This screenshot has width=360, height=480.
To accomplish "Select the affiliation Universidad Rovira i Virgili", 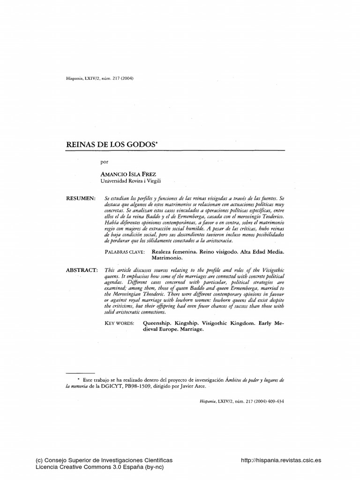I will [132, 180].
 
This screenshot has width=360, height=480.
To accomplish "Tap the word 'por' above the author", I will [104, 162].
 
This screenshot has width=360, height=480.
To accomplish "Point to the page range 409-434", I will [276, 402].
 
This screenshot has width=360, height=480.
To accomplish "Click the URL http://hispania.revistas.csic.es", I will [281, 461].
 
